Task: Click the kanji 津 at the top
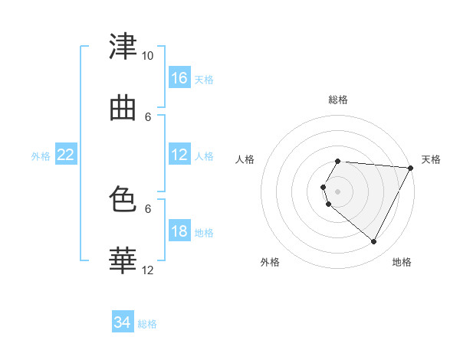coord(123,46)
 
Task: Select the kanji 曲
coord(123,109)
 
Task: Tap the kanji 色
coord(123,198)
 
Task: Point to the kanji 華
coord(123,260)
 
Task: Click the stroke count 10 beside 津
coord(147,56)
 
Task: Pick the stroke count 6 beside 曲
coord(148,117)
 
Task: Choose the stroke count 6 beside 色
coord(148,209)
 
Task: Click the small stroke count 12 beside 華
coord(147,270)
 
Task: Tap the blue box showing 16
coord(179,77)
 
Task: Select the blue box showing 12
coord(179,154)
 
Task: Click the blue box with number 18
coord(179,231)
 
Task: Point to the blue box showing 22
coord(66,154)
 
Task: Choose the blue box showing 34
coord(123,321)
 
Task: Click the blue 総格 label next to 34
coord(147,324)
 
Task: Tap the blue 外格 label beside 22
coord(41,156)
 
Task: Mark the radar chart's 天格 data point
coord(410,168)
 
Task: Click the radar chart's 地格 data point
coord(373,241)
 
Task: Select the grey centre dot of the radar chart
coord(337,191)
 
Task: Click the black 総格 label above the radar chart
coord(338,100)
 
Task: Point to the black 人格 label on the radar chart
coord(245,159)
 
